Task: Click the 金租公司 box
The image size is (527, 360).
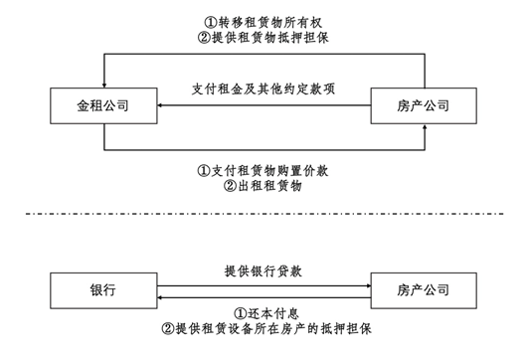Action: coord(102,103)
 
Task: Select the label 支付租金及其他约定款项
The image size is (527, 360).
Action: coord(263,88)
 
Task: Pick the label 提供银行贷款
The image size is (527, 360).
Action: coord(263,270)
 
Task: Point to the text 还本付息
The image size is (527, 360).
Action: coord(272,311)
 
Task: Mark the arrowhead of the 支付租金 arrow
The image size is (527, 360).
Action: coord(160,103)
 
